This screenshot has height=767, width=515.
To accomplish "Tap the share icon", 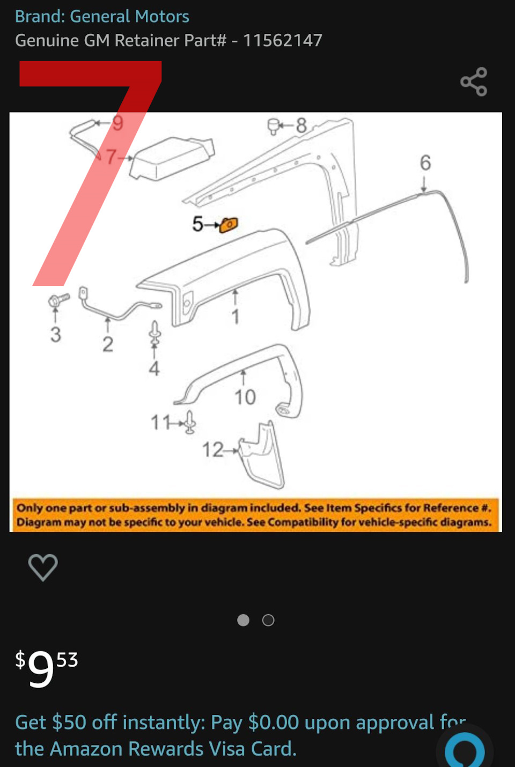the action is point(474,82).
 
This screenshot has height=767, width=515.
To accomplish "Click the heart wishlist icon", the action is point(43,567).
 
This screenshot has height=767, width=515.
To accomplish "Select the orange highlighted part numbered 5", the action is point(229,225).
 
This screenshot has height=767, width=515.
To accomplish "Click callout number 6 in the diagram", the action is point(425,163).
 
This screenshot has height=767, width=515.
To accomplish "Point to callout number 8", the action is point(301,126).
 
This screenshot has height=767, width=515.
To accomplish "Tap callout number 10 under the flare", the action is point(245,397).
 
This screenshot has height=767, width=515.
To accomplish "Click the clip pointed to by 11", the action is point(190,423).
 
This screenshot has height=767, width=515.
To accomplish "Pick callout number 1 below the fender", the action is point(236,316).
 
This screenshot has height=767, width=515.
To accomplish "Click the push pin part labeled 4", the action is point(155,333).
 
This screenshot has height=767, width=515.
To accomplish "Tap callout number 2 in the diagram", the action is point(108,344).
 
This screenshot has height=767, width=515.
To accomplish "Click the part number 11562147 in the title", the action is point(283,40).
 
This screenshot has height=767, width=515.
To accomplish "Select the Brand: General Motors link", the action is point(102,16).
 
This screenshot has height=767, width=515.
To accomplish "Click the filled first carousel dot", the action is point(243,620).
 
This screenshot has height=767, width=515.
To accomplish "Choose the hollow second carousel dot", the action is point(268,620).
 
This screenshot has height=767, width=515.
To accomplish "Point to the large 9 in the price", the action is point(41,668).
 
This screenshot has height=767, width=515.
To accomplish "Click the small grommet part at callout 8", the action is point(273,127).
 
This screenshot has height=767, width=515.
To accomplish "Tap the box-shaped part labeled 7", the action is point(172,158).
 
